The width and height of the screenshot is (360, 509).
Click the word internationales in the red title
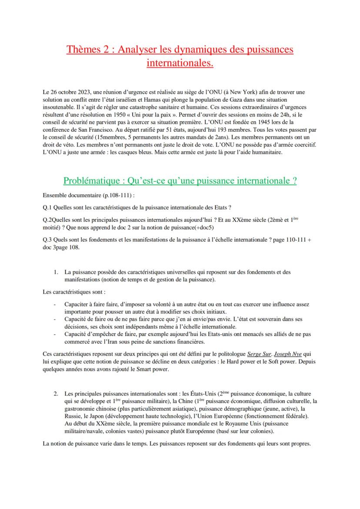point(180,63)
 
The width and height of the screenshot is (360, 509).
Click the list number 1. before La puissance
point(56,272)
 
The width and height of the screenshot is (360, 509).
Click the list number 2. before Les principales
point(56,393)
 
